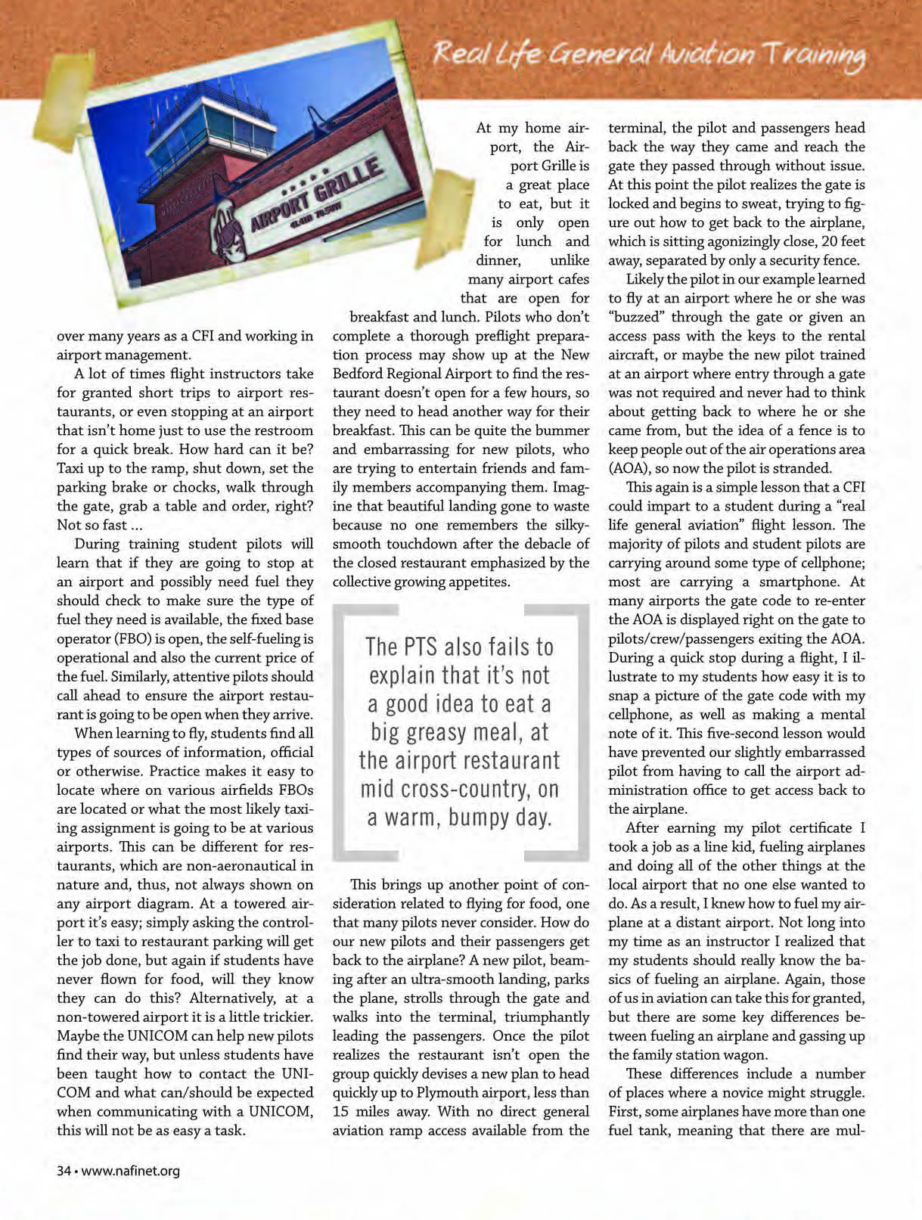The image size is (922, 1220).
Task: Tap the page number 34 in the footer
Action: [64, 1171]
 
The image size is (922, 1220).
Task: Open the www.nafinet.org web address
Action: [130, 1171]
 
